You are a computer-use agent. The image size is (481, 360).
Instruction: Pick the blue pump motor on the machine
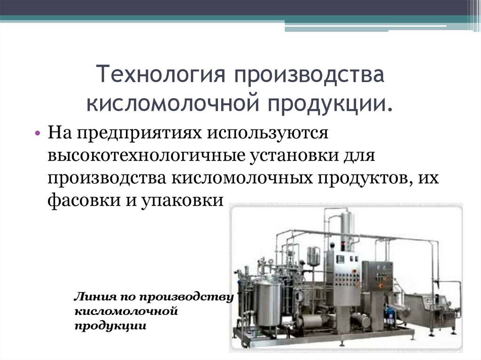[x=389, y=310]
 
